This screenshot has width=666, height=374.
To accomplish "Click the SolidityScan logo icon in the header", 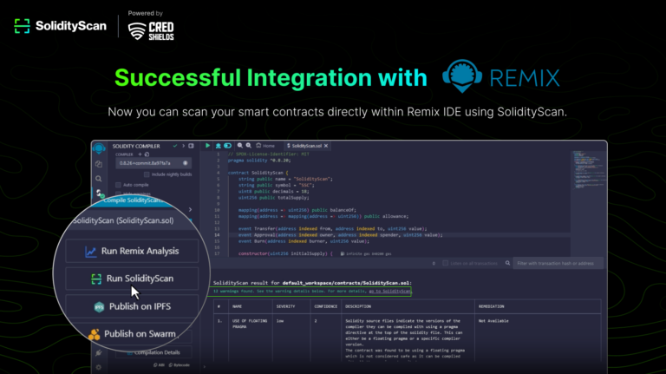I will click(x=23, y=26).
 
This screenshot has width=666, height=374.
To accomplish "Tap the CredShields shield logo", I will click(x=137, y=30).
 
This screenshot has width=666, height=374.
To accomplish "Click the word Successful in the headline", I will click(x=173, y=77).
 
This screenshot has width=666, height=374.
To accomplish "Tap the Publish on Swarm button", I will click(x=132, y=333).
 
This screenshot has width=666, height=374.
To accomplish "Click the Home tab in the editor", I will click(x=267, y=146).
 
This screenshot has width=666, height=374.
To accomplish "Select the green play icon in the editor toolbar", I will click(x=208, y=146).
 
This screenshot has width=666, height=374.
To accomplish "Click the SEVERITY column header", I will click(x=285, y=306).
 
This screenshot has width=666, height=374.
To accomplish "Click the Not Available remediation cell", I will click(x=495, y=321).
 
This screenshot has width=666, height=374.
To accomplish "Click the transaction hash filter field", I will click(x=555, y=263).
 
